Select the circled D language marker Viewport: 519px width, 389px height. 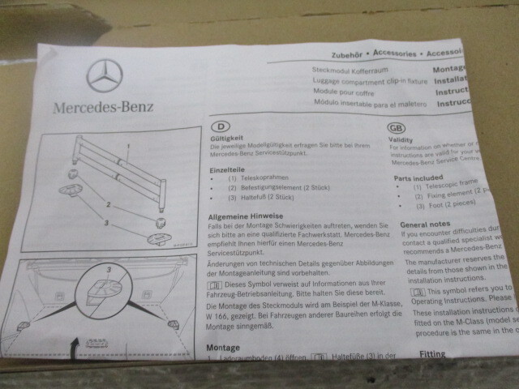(219, 126)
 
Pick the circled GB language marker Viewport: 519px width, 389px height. (398, 127)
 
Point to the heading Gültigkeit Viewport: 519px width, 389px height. (225, 139)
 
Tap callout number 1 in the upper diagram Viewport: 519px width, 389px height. (127, 145)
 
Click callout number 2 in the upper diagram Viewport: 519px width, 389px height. (107, 204)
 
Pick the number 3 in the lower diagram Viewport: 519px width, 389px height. (108, 267)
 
